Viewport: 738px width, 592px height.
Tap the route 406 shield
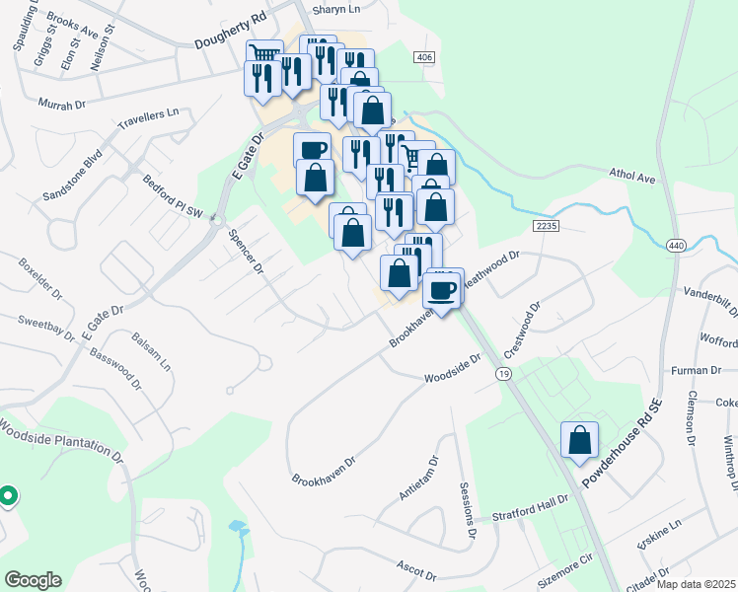coord(424,58)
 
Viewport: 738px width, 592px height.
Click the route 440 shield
coord(676,245)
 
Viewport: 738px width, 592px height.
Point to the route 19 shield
coord(504,375)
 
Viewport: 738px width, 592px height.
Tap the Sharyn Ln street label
coord(338,10)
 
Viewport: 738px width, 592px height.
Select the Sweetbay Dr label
coord(47,328)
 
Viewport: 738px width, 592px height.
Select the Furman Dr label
coord(697,370)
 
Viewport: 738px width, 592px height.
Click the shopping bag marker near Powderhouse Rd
coord(579,440)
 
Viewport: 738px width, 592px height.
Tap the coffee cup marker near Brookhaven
coord(443,289)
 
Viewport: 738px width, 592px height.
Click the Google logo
coord(33,580)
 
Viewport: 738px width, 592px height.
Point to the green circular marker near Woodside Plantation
coord(7,495)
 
